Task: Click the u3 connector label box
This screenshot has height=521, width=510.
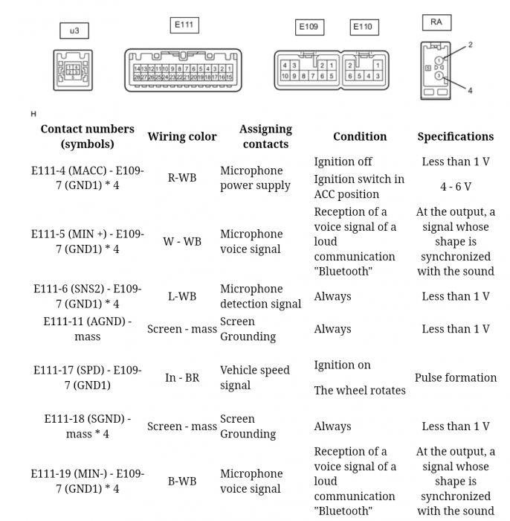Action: click(74, 31)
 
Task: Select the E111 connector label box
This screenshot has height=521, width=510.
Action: click(184, 25)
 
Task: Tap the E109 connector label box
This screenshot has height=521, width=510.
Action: click(309, 28)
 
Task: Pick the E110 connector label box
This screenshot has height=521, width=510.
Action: click(363, 28)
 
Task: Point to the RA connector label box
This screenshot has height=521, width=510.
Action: click(436, 22)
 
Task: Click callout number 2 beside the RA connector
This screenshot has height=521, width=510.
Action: click(470, 45)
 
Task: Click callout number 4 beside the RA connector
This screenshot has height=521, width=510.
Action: click(470, 91)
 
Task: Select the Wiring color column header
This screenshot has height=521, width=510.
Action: click(182, 136)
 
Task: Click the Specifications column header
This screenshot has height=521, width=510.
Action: click(455, 136)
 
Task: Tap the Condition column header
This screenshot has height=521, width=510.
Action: click(360, 136)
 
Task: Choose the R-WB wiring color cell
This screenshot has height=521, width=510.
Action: click(182, 178)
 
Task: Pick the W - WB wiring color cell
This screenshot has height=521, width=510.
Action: click(182, 241)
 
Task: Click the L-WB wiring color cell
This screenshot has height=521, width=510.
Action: click(182, 296)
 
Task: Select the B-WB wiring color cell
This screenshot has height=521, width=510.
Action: click(182, 481)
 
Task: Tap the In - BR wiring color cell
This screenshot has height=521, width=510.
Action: click(182, 377)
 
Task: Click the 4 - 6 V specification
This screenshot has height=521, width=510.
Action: click(455, 187)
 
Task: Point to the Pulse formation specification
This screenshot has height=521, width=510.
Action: click(455, 377)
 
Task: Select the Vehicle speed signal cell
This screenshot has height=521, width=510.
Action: click(254, 377)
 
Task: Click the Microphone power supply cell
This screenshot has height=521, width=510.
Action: click(255, 178)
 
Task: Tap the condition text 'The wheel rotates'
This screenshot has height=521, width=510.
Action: click(360, 390)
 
